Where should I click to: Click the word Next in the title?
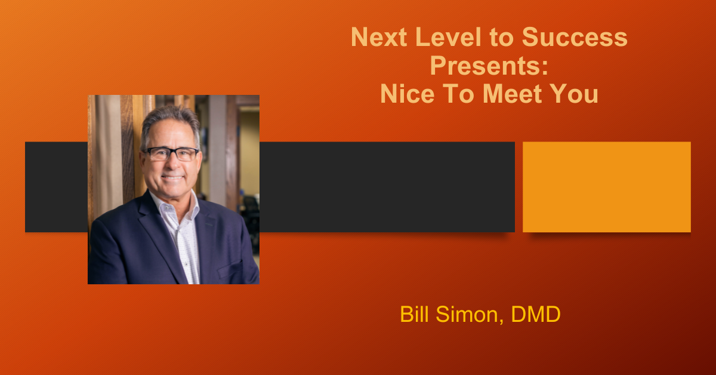(x=379, y=37)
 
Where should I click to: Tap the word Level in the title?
(x=448, y=37)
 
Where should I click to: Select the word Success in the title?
(x=575, y=37)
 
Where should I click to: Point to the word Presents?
(x=489, y=66)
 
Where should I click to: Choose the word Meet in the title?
(x=513, y=94)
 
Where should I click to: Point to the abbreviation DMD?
(x=536, y=314)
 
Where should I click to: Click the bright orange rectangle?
(x=607, y=187)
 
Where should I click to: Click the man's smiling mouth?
(x=172, y=177)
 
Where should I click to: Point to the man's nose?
(x=172, y=164)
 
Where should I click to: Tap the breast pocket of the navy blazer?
(x=230, y=269)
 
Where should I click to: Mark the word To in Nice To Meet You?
(x=459, y=94)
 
